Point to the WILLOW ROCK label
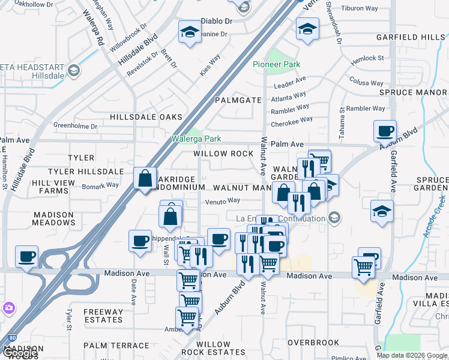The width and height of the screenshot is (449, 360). (223, 154)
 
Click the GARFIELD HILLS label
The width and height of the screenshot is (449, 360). (411, 37)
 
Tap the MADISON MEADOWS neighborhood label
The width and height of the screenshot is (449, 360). (53, 218)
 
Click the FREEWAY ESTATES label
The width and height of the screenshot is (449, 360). (103, 316)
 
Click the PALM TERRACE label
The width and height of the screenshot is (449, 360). (116, 346)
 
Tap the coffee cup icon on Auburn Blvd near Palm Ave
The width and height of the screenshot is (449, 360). (384, 130)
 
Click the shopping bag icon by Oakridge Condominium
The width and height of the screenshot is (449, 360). (145, 178)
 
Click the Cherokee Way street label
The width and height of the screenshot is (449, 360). (292, 121)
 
